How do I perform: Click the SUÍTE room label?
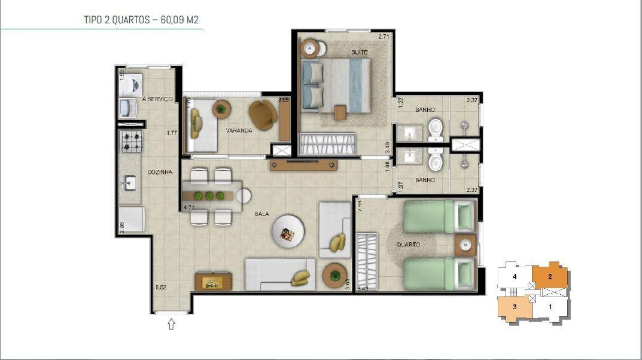pos(360,53)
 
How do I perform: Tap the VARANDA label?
pos(239,130)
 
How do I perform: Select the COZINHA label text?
pos(160,172)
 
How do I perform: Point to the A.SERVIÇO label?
pos(157,99)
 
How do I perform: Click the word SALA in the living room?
pos(261,213)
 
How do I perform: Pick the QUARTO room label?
pos(407,245)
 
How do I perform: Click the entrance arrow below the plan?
pos(172,324)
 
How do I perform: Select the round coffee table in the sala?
pos(288,233)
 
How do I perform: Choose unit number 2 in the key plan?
pos(549,276)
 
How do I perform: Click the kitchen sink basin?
pos(129,182)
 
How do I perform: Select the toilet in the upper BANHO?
pos(435,127)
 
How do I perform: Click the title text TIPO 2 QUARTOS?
pos(117,20)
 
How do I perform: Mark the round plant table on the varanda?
pos(222,109)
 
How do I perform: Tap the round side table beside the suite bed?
pos(311,47)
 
